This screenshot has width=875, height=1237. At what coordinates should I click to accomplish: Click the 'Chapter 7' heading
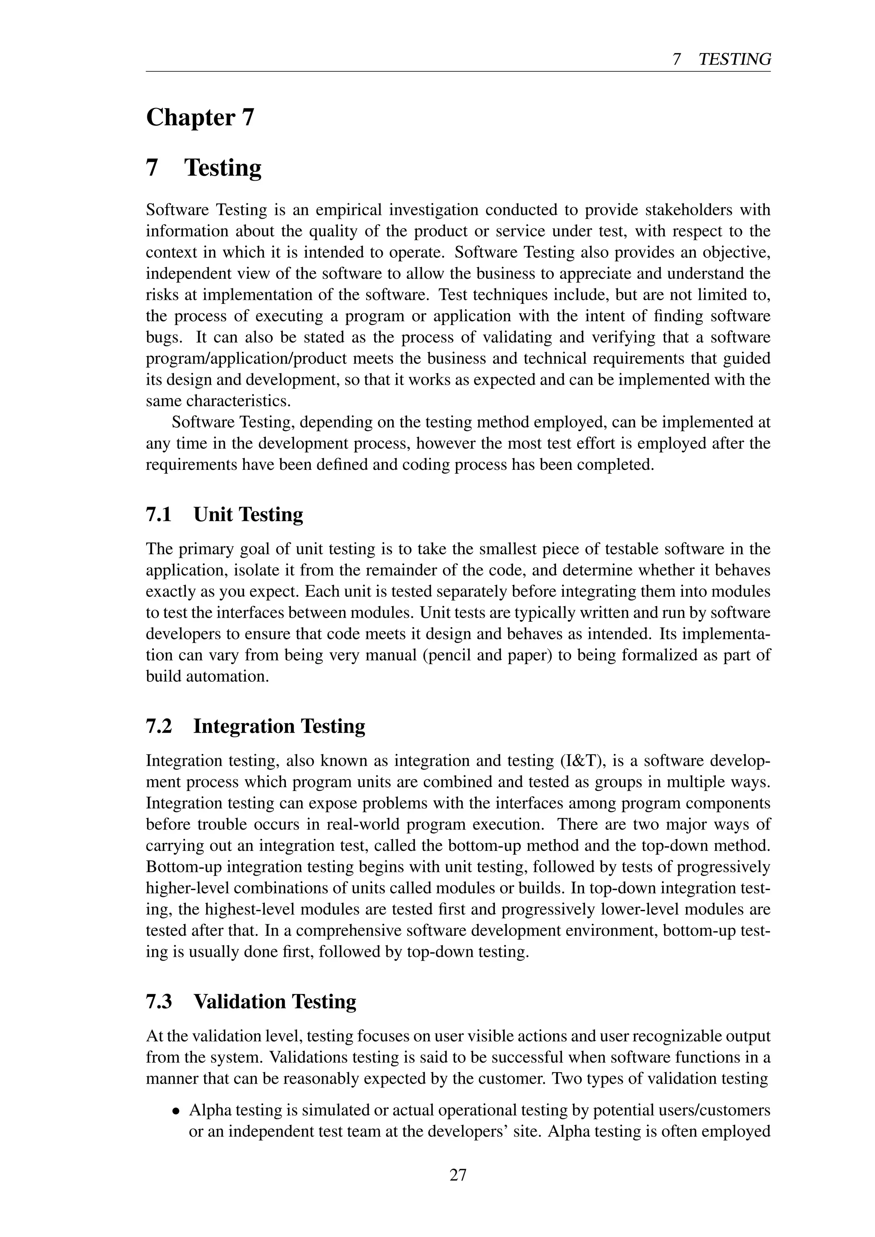coord(200,117)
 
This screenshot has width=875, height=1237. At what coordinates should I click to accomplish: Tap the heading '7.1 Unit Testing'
coord(224,515)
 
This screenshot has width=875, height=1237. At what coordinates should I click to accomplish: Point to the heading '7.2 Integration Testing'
coord(255,726)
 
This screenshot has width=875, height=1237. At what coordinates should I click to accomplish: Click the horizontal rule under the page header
coord(458,71)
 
